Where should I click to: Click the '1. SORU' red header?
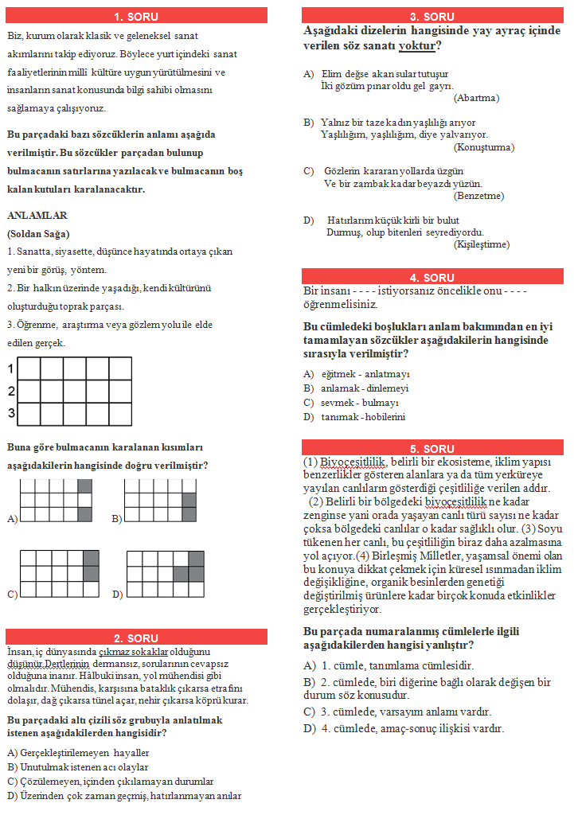click(136, 17)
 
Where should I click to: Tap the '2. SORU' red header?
click(136, 637)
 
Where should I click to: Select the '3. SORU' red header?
click(432, 17)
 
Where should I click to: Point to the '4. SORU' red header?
click(432, 278)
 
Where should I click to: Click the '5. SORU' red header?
click(432, 449)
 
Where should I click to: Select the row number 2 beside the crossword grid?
click(10, 392)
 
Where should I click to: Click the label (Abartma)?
click(476, 98)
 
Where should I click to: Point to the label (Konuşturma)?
click(484, 147)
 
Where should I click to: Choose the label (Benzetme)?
click(478, 196)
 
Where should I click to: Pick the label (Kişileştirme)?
click(482, 244)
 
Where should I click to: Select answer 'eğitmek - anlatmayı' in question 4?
click(365, 374)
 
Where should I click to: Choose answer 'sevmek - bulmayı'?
click(359, 403)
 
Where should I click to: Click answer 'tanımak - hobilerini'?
click(364, 417)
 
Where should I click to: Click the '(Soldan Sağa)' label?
click(37, 234)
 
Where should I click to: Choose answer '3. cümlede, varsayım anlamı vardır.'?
click(406, 712)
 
